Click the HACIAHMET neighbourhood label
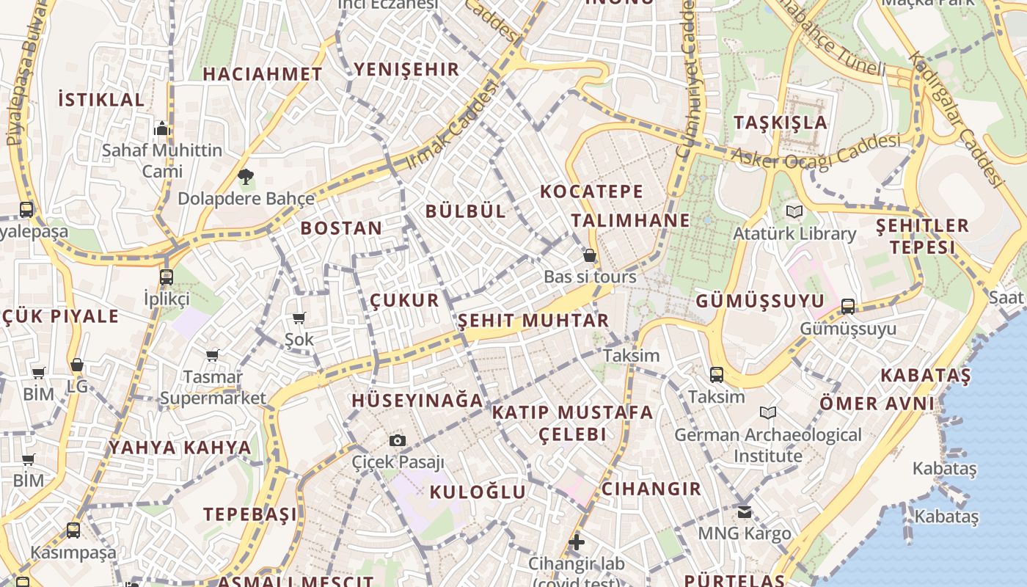pyautogui.click(x=262, y=74)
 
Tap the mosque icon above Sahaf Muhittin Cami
pyautogui.click(x=162, y=129)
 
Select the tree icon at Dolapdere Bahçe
pyautogui.click(x=246, y=176)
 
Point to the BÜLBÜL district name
pyautogui.click(x=466, y=211)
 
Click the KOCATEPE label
pyautogui.click(x=591, y=192)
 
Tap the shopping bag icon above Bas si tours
pyautogui.click(x=590, y=255)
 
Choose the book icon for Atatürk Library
pyautogui.click(x=794, y=212)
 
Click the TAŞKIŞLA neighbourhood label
pyautogui.click(x=781, y=123)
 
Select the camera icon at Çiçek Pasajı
pyautogui.click(x=398, y=440)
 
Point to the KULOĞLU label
pyautogui.click(x=478, y=492)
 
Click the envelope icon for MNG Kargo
pyautogui.click(x=745, y=511)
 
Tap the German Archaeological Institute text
pyautogui.click(x=768, y=445)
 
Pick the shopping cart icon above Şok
pyautogui.click(x=299, y=318)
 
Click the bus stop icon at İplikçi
pyautogui.click(x=167, y=277)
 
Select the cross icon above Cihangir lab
pyautogui.click(x=577, y=542)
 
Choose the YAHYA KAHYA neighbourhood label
pyautogui.click(x=180, y=448)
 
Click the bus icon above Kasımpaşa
pyautogui.click(x=73, y=530)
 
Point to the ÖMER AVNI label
pyautogui.click(x=877, y=404)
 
